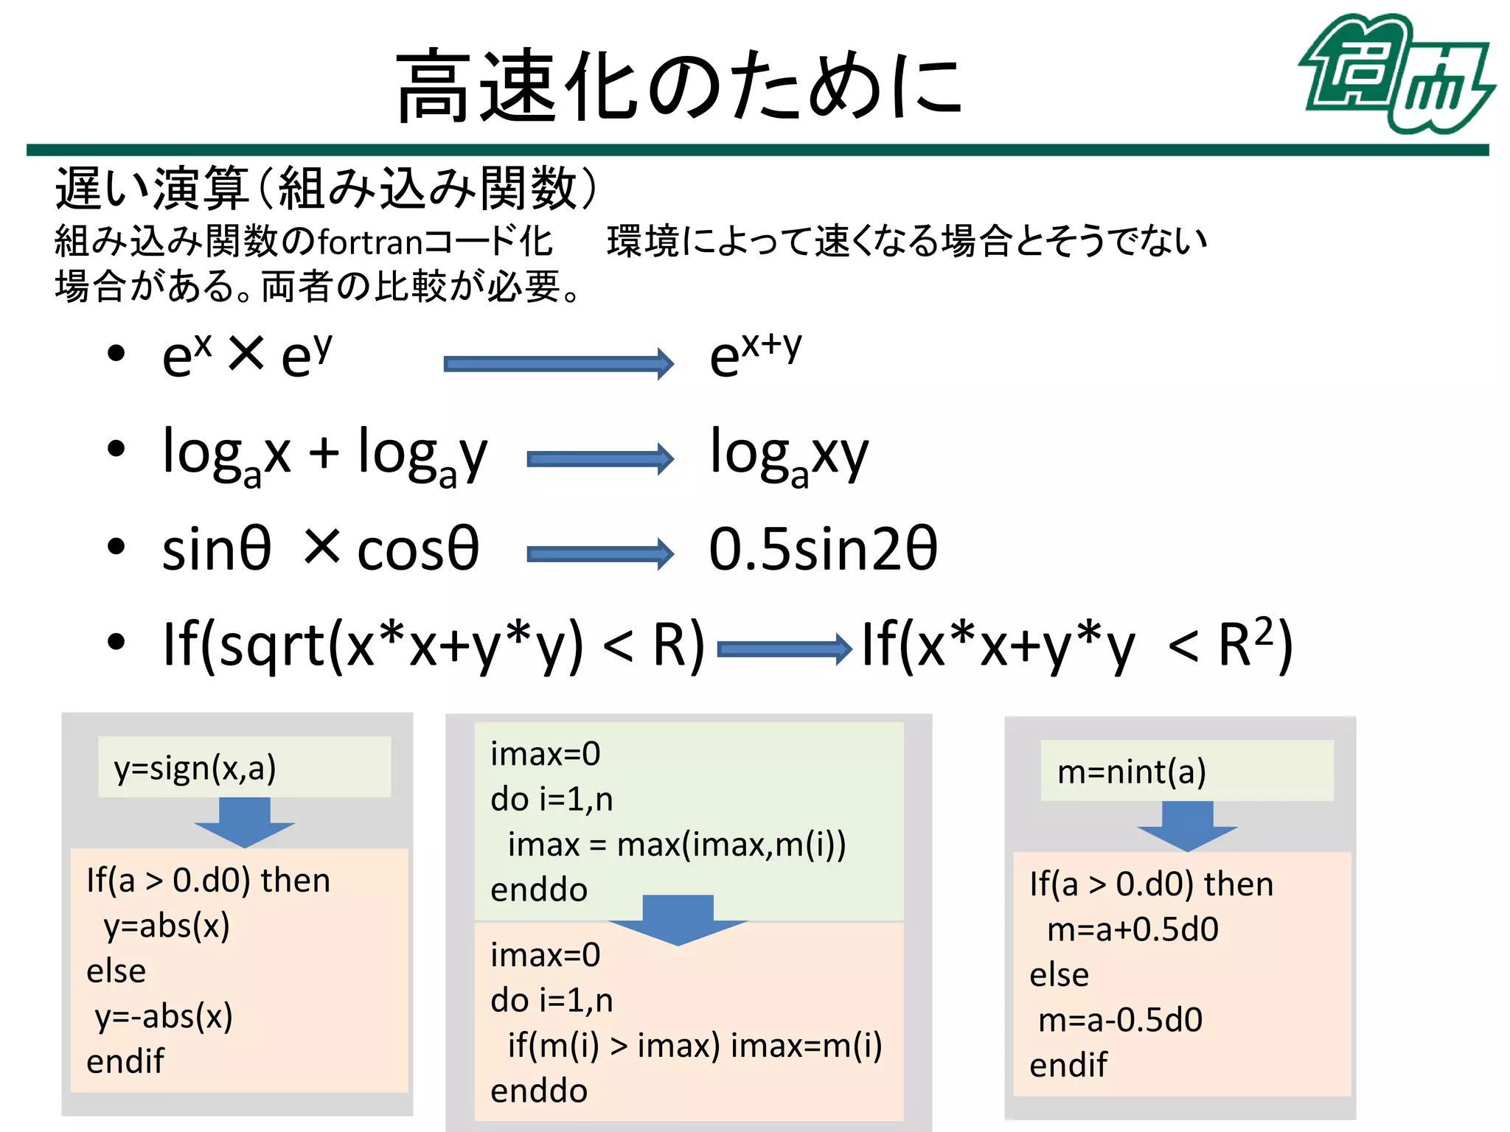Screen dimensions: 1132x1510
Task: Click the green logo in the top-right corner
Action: [1396, 74]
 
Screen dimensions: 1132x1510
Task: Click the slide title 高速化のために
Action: [679, 85]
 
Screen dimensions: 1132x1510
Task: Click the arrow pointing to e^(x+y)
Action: [558, 363]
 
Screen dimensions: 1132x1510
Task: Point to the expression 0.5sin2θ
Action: [822, 550]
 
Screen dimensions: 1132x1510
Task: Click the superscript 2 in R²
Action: [1264, 631]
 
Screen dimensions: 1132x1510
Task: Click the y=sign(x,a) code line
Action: [195, 768]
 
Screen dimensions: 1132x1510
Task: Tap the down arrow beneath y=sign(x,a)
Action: [244, 822]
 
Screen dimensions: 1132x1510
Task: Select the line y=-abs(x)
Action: [164, 1017]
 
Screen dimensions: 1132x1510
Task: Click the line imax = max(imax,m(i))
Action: [676, 845]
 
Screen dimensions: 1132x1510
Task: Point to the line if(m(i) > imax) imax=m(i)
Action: [694, 1046]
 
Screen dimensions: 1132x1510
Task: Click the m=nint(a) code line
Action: [1132, 772]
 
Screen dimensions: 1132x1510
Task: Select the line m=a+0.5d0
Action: [1132, 930]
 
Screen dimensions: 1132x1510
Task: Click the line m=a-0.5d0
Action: [1120, 1020]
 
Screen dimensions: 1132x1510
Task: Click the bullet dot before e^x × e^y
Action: [116, 354]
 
